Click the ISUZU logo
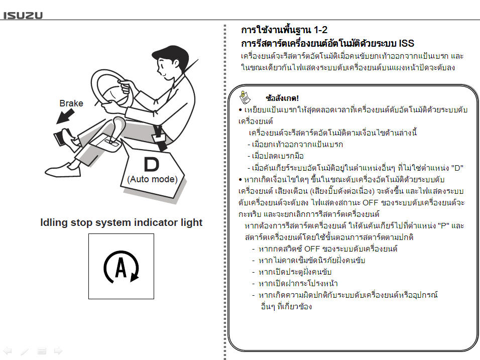pos(23,15)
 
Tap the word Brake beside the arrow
pos(71,103)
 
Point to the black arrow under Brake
pos(65,117)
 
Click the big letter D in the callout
pos(151,165)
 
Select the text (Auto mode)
pos(153,179)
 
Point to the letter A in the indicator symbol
pos(121,267)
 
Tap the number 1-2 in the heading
pos(320,30)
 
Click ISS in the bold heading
pos(407,44)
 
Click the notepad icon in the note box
pos(245,97)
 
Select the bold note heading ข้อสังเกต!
pos(282,98)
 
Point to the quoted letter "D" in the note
pos(457,168)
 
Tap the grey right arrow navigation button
pos(58,351)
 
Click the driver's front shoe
pos(63,170)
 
